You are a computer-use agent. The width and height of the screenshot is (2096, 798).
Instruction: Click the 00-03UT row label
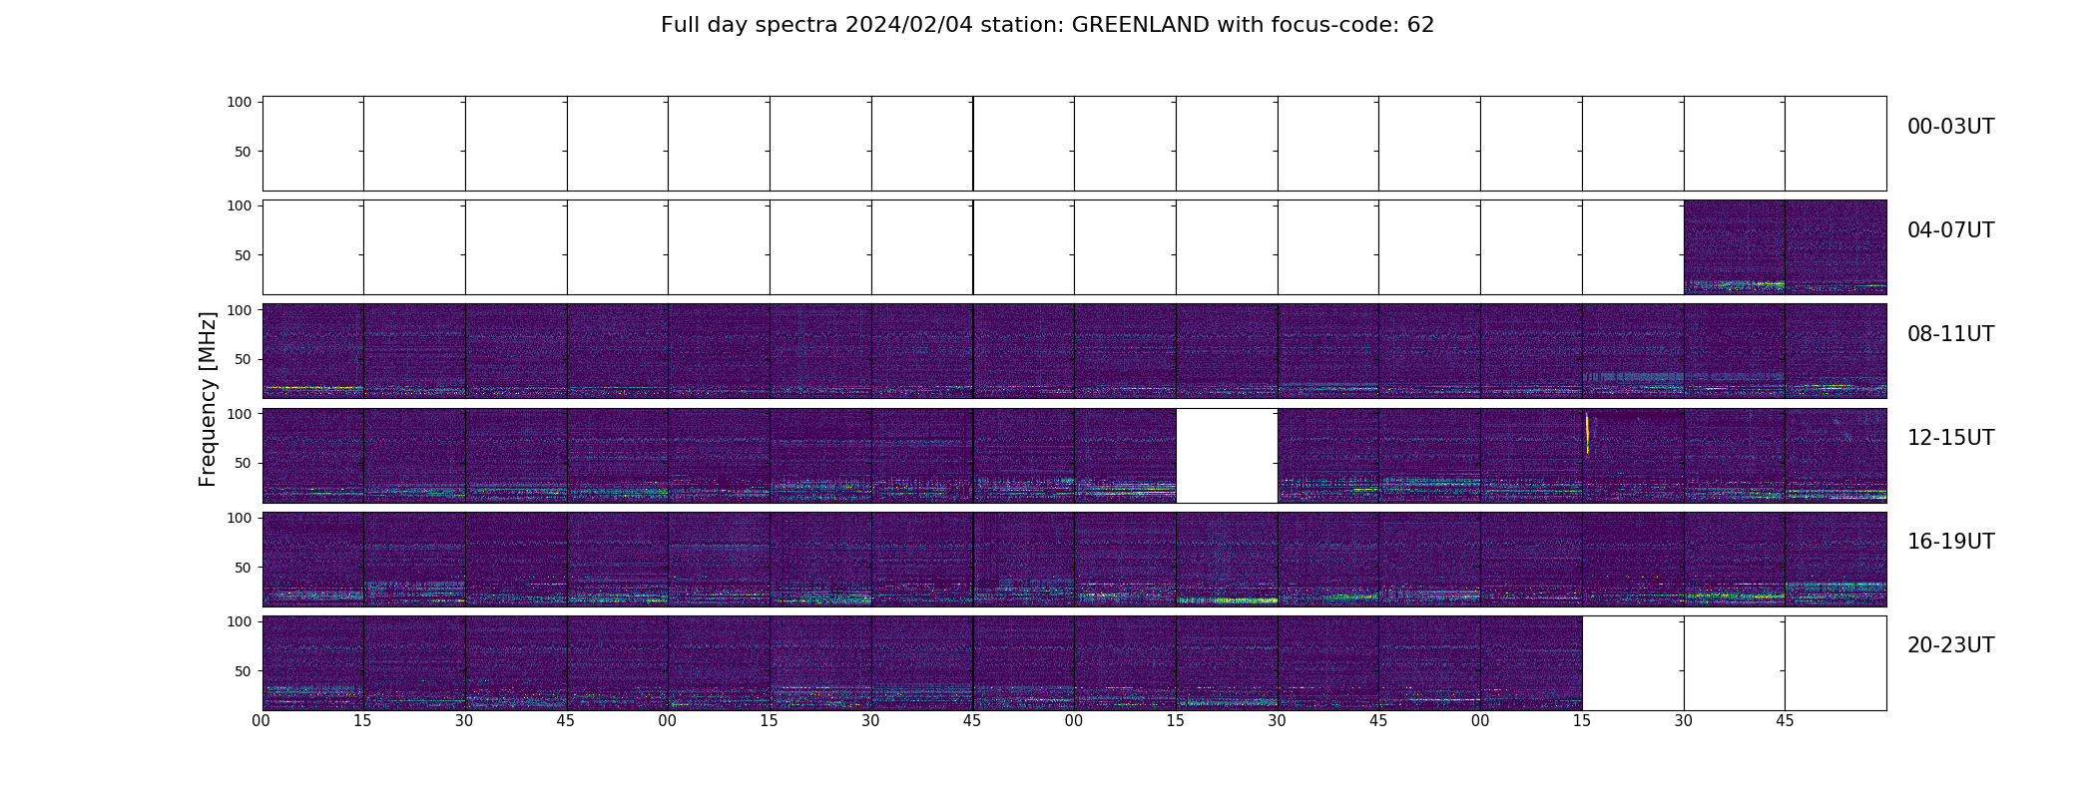(1950, 127)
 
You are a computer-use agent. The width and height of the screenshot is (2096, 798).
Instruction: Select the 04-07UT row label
(1950, 230)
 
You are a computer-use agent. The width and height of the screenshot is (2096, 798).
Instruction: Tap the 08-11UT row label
(1950, 334)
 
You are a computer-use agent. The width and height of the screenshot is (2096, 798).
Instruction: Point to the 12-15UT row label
(1950, 438)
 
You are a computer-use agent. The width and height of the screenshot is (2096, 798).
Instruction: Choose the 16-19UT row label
(1950, 542)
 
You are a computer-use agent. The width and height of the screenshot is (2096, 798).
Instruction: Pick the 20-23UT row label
(1950, 645)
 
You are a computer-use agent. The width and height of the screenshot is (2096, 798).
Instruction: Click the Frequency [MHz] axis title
(208, 399)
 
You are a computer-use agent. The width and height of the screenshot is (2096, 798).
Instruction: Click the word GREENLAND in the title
(1140, 25)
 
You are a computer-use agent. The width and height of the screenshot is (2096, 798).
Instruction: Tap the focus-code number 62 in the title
(1420, 25)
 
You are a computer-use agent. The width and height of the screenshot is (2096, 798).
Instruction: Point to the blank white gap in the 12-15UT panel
(1227, 456)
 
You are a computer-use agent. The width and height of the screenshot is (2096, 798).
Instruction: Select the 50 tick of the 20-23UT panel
(243, 671)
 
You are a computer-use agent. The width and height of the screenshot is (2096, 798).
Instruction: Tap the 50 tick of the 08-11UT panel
(243, 359)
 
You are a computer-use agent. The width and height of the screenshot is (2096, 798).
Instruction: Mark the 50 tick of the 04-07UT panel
(243, 255)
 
